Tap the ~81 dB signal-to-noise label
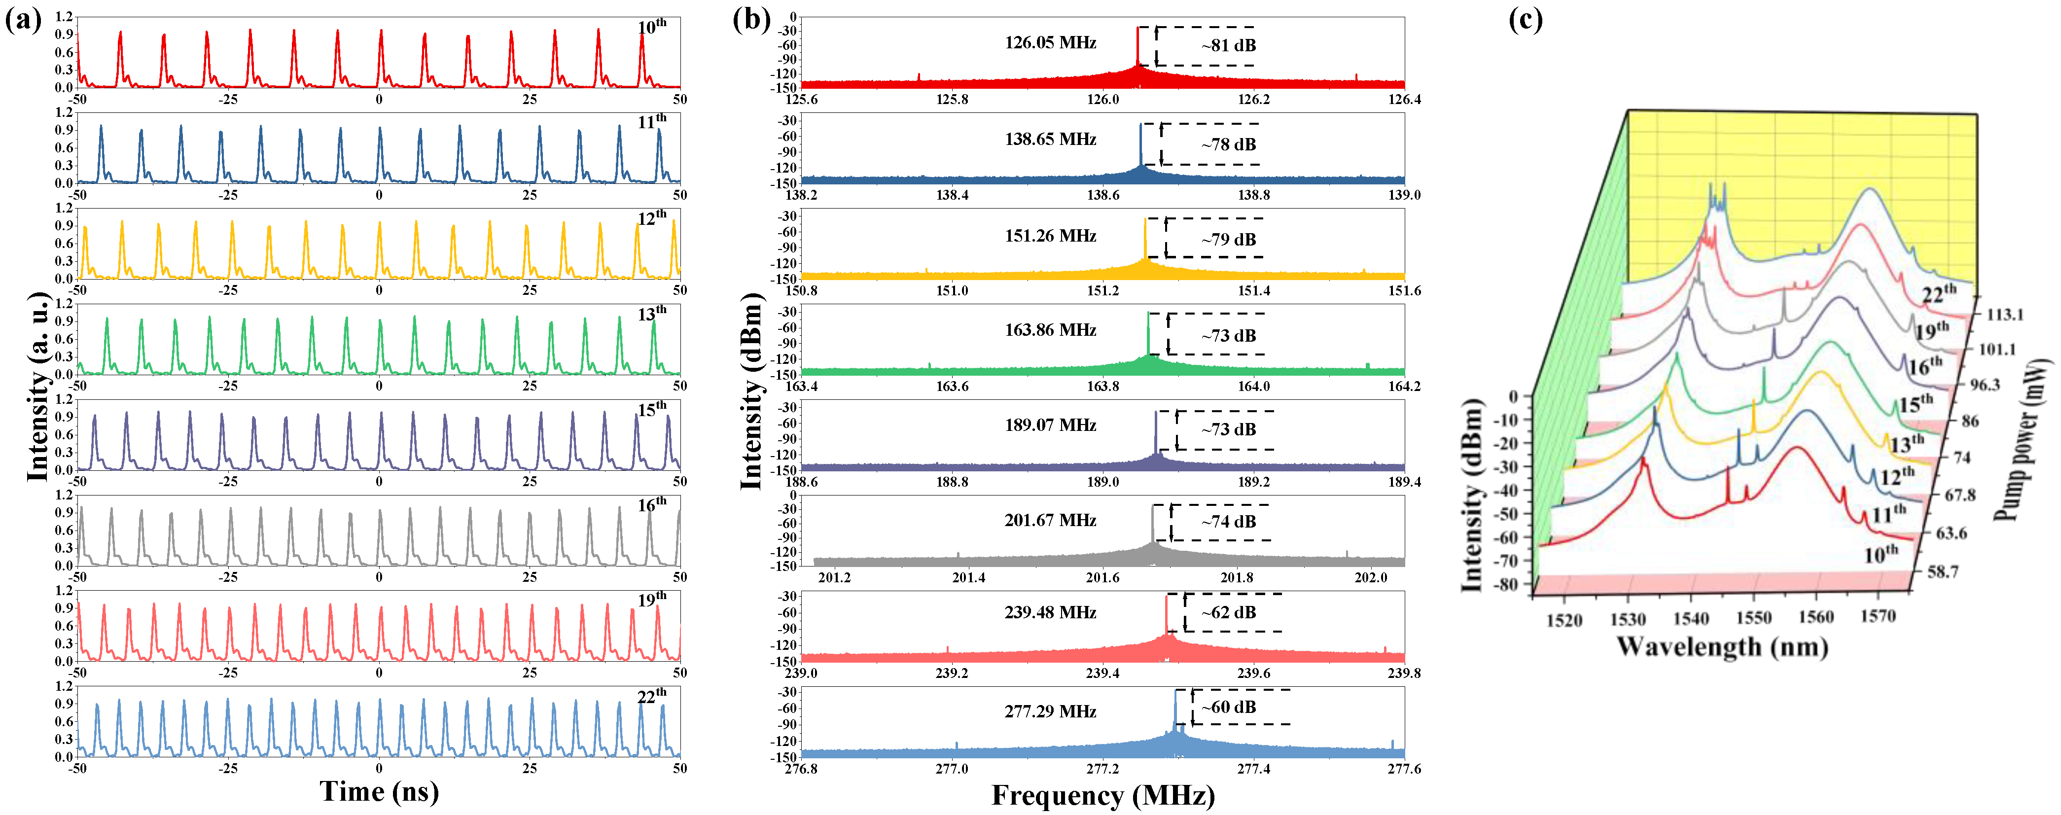pos(1228,45)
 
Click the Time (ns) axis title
pos(379,792)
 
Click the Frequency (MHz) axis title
pos(1102,796)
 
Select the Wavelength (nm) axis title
pos(1722,646)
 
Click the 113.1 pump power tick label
pos(2004,315)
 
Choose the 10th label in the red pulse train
pos(651,27)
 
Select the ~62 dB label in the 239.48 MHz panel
pos(1228,613)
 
